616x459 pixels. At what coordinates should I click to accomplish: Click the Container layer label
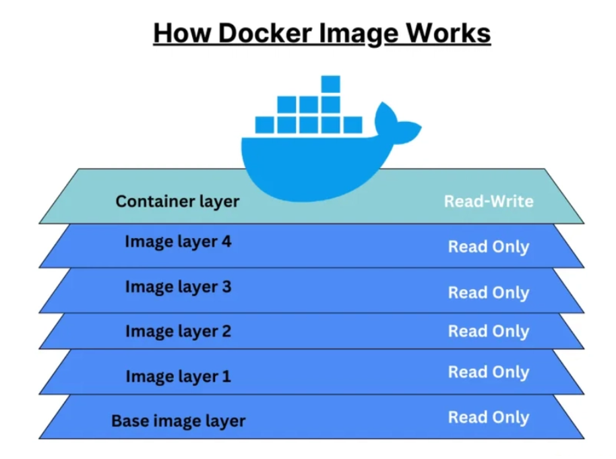click(177, 201)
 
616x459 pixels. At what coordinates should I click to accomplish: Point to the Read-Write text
click(489, 201)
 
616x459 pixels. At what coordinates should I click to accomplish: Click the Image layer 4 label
click(178, 241)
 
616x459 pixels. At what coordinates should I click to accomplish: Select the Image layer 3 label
click(178, 286)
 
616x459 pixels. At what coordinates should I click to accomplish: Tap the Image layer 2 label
click(178, 331)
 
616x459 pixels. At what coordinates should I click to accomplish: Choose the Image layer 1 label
click(178, 376)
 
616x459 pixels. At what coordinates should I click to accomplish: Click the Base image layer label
click(178, 421)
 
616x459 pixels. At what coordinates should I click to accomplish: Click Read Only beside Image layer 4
click(489, 247)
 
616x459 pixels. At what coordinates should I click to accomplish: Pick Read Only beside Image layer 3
click(489, 293)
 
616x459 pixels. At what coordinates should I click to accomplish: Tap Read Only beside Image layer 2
click(489, 332)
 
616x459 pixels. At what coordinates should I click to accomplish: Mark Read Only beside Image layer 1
click(489, 372)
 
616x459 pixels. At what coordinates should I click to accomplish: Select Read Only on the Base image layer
click(489, 417)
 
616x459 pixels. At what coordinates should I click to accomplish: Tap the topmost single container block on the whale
click(330, 84)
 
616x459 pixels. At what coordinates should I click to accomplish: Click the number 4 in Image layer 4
click(226, 241)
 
